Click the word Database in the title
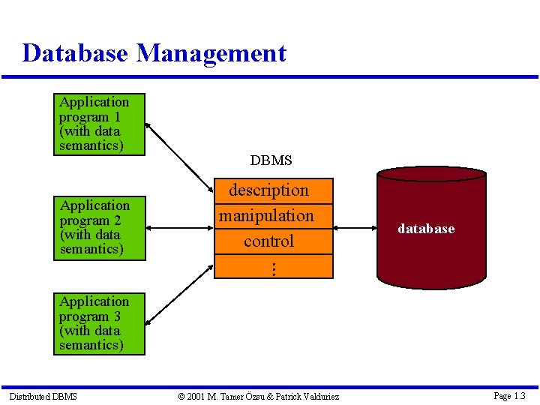pos(76,53)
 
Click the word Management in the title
pos(211,53)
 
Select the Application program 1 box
pos(100,124)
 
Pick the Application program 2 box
pos(100,227)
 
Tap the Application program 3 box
pos(100,323)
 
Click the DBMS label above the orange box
pos(271,160)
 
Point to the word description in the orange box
pos(268,190)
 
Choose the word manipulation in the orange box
pos(266,216)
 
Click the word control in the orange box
pos(268,241)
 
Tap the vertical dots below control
pos(274,268)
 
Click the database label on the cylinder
pos(426,229)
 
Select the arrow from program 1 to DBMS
pos(179,157)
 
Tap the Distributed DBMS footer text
pos(43,396)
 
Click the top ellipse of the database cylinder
pos(431,174)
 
